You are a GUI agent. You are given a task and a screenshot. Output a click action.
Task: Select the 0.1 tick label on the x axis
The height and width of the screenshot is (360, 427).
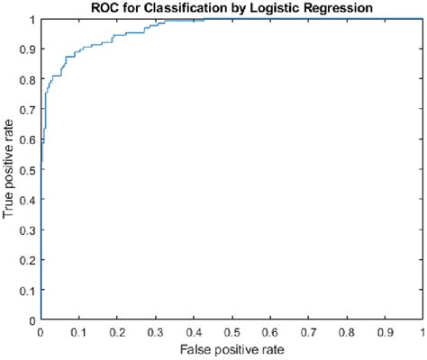[x=78, y=331]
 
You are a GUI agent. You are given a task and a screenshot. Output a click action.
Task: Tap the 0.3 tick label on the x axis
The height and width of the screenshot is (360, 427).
[x=155, y=331]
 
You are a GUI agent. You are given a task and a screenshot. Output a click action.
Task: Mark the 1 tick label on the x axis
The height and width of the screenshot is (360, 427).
[x=422, y=331]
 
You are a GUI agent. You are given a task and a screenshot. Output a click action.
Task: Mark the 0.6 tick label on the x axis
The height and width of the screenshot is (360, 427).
[x=269, y=331]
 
